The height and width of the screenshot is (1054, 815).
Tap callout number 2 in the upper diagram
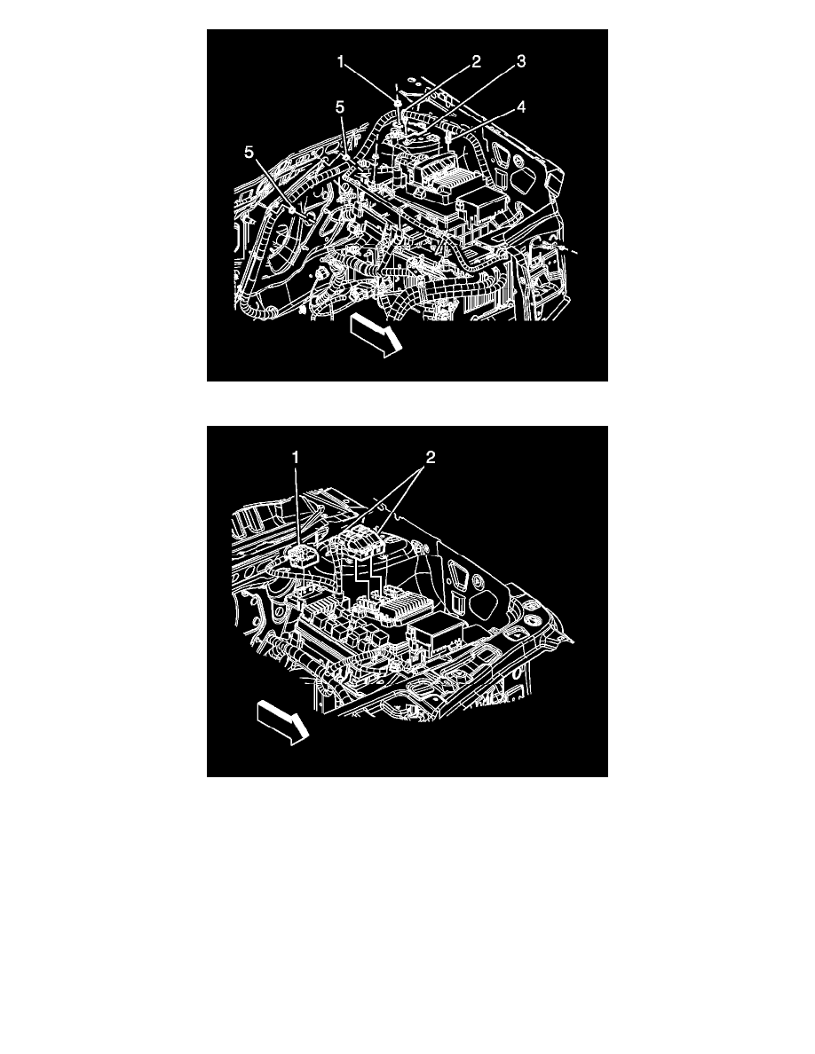click(x=476, y=61)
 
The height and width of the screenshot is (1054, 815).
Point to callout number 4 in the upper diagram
click(x=521, y=107)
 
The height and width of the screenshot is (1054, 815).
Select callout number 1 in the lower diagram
click(x=297, y=458)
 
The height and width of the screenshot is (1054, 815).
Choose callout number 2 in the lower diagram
click(x=430, y=458)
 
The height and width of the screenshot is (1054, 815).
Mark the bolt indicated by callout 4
click(x=452, y=138)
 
